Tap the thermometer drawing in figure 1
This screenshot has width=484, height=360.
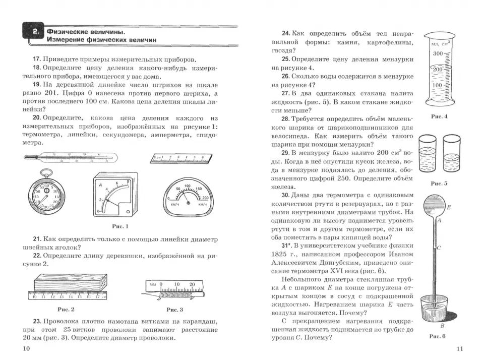pos(71,158)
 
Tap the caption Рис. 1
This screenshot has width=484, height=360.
pos(120,226)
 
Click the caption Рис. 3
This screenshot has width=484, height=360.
pos(174,310)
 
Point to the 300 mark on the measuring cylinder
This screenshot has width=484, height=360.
pos(438,53)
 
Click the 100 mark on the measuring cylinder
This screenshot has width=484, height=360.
pos(438,85)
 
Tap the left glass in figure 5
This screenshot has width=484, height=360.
pos(428,154)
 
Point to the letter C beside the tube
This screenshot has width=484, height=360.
pos(439,248)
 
